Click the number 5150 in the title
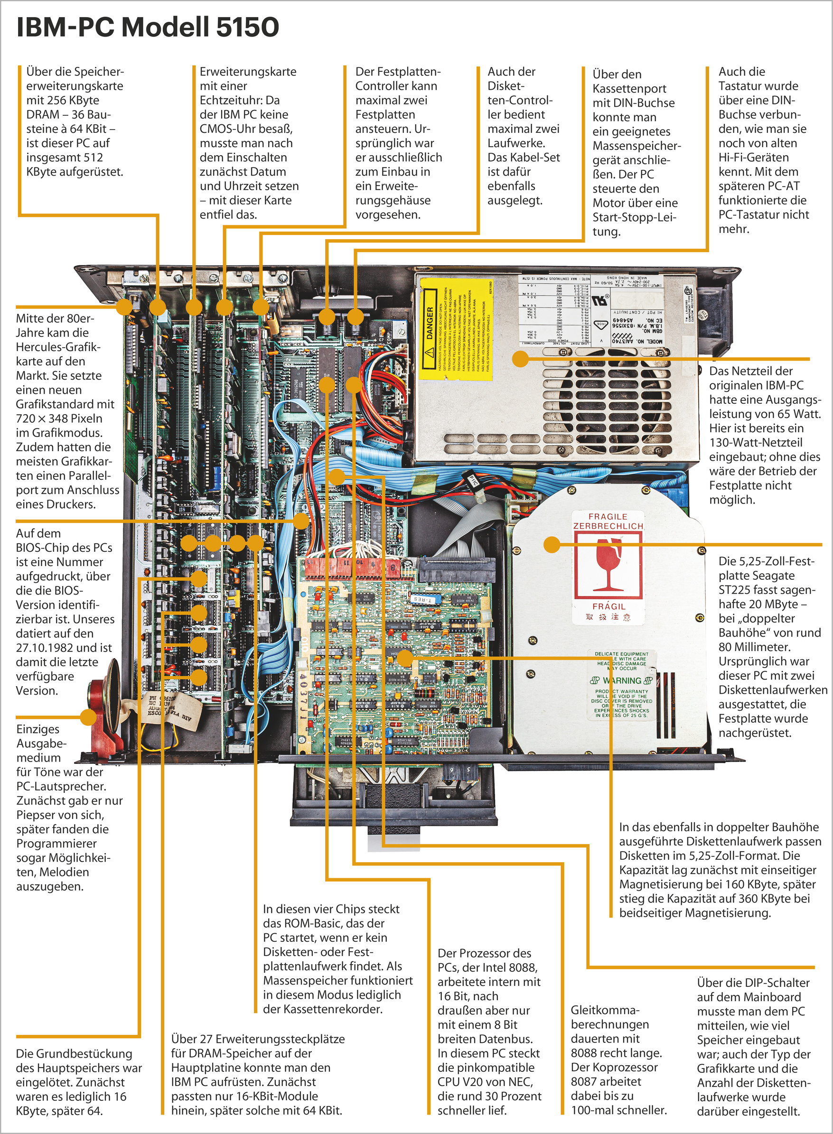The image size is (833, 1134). [x=247, y=27]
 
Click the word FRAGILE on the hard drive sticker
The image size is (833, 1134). [x=608, y=517]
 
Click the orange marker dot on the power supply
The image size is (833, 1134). [x=520, y=359]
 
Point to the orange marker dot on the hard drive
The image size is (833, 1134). [x=552, y=544]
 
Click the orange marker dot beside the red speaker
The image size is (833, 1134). [x=88, y=716]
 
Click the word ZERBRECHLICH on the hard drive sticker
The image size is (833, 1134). [x=608, y=526]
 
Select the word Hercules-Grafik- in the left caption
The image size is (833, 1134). [x=58, y=347]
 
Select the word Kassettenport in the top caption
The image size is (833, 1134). [x=629, y=89]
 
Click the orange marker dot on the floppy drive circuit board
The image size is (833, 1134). [x=404, y=658]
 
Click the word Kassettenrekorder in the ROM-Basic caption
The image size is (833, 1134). [x=332, y=1009]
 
